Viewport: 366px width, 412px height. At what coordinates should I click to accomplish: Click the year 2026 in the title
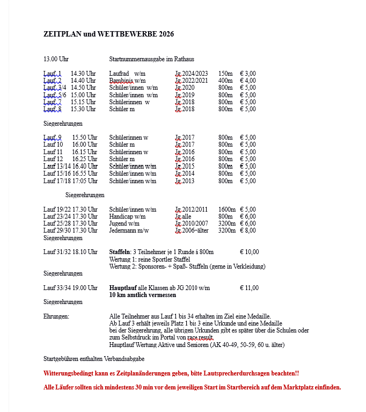(166, 34)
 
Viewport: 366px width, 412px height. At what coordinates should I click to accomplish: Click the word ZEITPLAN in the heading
(63, 34)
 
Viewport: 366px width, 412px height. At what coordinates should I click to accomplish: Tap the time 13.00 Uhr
(56, 59)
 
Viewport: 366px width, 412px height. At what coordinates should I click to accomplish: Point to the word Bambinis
(121, 81)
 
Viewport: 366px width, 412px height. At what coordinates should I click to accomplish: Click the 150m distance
(225, 74)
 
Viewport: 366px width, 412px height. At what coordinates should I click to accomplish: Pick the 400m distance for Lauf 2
(225, 81)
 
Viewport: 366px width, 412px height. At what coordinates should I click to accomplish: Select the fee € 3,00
(247, 74)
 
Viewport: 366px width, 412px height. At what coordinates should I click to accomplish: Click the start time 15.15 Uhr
(83, 102)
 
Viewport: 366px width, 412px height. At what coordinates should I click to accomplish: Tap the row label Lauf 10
(53, 144)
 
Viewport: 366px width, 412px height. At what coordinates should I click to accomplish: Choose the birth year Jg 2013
(185, 181)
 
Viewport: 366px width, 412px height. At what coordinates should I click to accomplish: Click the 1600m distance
(227, 209)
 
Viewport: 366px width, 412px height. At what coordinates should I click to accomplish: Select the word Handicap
(121, 216)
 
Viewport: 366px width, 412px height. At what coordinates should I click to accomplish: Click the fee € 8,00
(247, 230)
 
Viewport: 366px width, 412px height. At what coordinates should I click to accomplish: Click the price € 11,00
(249, 288)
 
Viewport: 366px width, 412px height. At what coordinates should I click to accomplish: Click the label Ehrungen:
(56, 316)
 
